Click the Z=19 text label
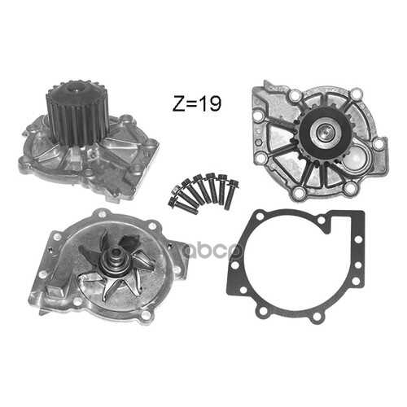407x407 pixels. [197, 103]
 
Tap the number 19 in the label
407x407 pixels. [210, 103]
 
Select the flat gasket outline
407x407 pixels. [295, 266]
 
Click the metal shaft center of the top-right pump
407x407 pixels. [325, 131]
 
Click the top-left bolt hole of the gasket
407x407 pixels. [260, 217]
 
